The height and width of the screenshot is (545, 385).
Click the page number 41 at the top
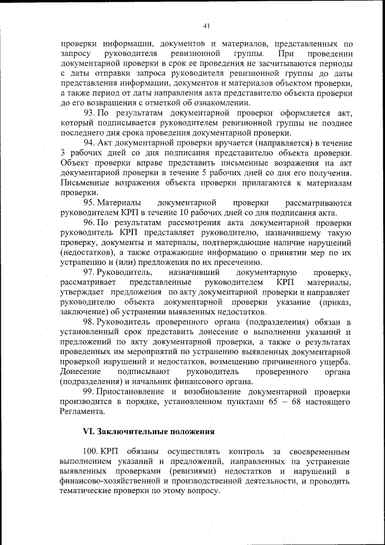point(206,26)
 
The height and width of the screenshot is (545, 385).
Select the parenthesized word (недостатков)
point(87,252)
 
